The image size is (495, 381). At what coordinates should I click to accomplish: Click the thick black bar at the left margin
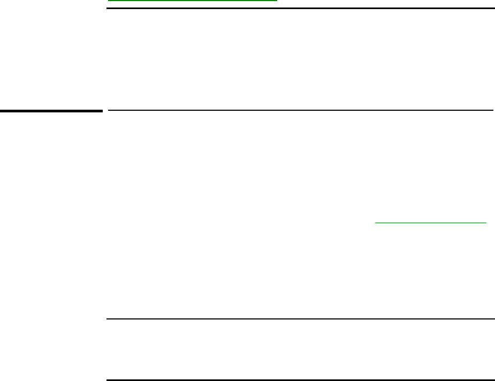(x=51, y=111)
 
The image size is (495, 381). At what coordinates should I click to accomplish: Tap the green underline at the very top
(x=193, y=1)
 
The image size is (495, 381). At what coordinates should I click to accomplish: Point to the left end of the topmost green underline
(x=109, y=1)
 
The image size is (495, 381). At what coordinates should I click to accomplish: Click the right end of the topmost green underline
(x=277, y=1)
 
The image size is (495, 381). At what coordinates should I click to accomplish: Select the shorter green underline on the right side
(x=431, y=222)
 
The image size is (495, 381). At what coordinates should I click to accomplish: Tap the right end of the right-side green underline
(x=486, y=222)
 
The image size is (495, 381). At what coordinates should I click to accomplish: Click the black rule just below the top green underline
(x=300, y=9)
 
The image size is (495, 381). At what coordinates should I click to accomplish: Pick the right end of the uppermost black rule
(x=492, y=9)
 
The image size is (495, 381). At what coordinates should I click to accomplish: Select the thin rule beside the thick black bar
(x=300, y=110)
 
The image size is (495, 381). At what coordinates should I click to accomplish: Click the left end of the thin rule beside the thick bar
(x=109, y=110)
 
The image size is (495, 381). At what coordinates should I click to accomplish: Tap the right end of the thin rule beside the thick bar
(x=492, y=110)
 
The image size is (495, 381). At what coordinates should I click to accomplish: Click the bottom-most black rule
(x=300, y=380)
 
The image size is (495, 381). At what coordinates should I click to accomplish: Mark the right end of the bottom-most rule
(x=492, y=380)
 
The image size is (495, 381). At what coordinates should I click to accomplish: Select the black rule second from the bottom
(x=300, y=319)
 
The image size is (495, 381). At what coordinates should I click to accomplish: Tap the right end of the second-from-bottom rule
(x=492, y=319)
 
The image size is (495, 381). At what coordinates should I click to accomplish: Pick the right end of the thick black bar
(x=101, y=111)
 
